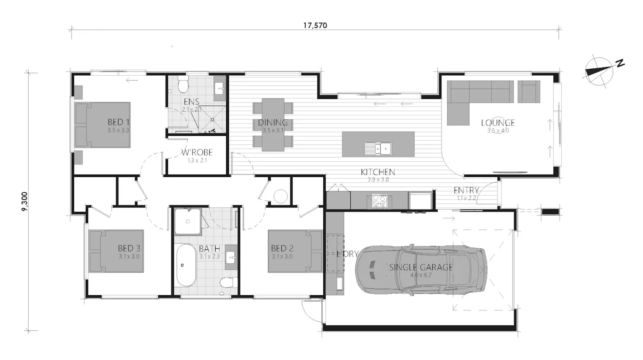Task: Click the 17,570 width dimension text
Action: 315,26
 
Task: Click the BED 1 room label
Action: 119,122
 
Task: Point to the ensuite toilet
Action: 183,85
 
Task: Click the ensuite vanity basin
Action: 219,87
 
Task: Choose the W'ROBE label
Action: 197,153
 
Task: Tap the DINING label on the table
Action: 273,123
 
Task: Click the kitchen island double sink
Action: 378,148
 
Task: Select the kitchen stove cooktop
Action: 379,200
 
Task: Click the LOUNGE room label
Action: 498,123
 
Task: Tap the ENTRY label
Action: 466,190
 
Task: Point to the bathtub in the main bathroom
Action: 186,265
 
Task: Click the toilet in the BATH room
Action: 227,282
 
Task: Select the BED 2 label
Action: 282,248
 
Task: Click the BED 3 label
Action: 129,248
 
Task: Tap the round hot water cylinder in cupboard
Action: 280,196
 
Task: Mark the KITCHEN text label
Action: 378,172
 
